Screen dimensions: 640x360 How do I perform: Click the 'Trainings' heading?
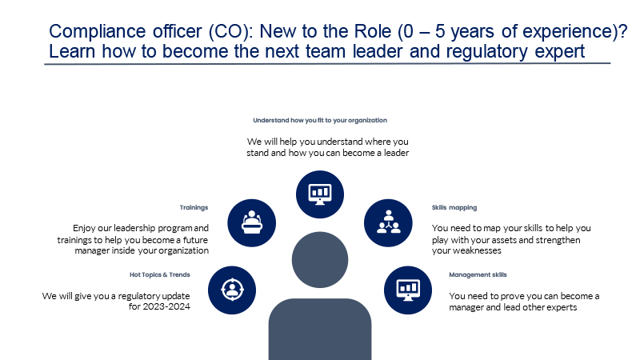194,207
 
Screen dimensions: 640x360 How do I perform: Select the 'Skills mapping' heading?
454,207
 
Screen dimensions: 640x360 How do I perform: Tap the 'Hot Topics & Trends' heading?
159,274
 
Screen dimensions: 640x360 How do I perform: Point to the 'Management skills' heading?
478,274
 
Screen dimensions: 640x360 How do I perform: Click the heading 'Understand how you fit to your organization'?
320,121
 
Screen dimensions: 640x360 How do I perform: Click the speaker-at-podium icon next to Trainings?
251,223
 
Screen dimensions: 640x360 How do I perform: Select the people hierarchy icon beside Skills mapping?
388,223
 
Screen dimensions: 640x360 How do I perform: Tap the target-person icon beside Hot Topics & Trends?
232,290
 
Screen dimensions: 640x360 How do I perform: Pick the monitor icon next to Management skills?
408,290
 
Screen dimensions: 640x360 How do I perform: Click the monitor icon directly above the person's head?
320,194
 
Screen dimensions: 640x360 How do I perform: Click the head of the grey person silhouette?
320,260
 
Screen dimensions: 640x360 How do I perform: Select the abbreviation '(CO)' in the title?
230,31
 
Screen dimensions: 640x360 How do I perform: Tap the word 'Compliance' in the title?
97,31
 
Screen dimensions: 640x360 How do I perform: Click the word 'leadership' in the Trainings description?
134,228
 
